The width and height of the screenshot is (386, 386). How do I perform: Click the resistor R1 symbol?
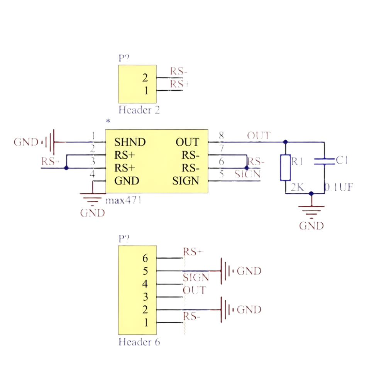tap(285, 168)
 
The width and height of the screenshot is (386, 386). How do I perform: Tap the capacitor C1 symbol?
tap(324, 161)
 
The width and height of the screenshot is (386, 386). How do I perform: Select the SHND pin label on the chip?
tap(130, 142)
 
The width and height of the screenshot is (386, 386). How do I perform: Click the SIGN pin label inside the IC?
tap(186, 181)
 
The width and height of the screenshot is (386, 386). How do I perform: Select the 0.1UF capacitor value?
tap(338, 188)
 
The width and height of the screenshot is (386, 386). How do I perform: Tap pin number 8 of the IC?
tap(221, 136)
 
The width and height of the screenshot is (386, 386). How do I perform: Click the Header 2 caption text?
tap(139, 110)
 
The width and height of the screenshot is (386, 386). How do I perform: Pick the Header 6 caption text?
tap(139, 342)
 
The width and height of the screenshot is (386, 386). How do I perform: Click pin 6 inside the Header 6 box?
tap(145, 258)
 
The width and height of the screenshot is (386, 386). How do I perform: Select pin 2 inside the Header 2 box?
tap(145, 78)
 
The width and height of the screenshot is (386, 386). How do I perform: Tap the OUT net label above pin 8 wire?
tap(259, 136)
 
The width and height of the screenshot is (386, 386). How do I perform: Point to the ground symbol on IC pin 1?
tap(49, 142)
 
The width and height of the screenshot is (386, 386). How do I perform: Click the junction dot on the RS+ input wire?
tap(66, 168)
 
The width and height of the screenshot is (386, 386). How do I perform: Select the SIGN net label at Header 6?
tap(196, 278)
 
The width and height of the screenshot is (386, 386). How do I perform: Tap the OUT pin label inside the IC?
tap(187, 142)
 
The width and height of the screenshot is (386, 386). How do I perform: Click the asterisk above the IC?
tap(108, 121)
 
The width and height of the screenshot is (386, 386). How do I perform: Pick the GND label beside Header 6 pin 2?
tap(249, 310)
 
